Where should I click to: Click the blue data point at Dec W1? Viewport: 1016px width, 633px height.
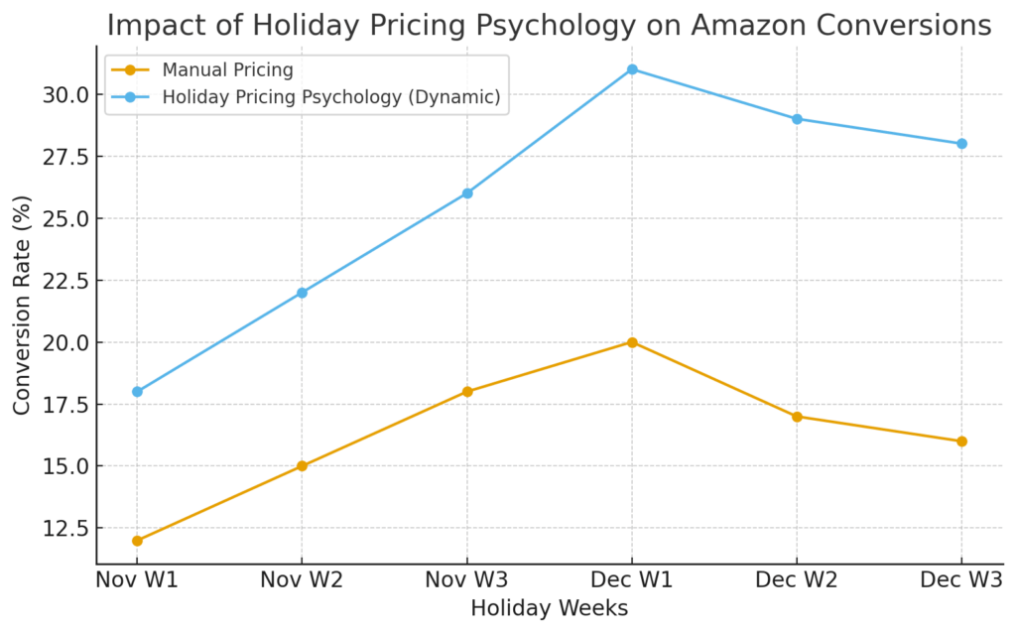(x=632, y=69)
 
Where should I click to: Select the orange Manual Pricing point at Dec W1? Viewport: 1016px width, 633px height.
(x=632, y=342)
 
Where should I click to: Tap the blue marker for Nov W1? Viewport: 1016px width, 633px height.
(x=137, y=392)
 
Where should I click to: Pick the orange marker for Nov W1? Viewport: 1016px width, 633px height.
(x=137, y=541)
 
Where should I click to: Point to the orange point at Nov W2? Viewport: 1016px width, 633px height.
(x=302, y=466)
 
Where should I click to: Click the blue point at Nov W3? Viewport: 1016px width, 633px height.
(x=467, y=193)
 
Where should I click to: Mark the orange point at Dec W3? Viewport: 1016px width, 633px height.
(x=961, y=442)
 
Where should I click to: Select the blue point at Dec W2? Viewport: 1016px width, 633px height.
(x=797, y=119)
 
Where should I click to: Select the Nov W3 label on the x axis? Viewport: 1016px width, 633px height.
(x=467, y=579)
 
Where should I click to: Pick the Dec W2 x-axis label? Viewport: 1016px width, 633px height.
(x=797, y=579)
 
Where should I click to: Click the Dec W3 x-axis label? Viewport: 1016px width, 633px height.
(x=958, y=579)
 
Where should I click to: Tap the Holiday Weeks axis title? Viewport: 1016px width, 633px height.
(x=549, y=608)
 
